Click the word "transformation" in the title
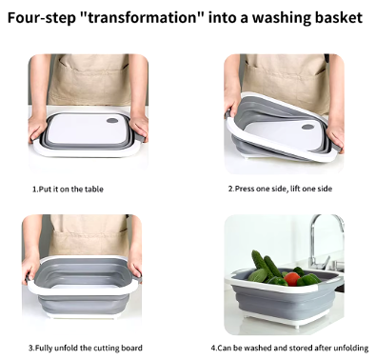pyautogui.click(x=143, y=17)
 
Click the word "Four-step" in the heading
pyautogui.click(x=42, y=18)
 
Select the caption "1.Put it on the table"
pyautogui.click(x=68, y=190)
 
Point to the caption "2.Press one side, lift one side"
pyautogui.click(x=280, y=189)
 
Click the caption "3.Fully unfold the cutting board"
pyautogui.click(x=86, y=348)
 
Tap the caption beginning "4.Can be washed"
pyautogui.click(x=289, y=348)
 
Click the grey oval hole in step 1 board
pyautogui.click(x=112, y=121)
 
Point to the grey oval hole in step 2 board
pyautogui.click(x=307, y=127)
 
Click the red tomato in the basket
pyautogui.click(x=292, y=279)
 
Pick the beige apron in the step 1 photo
pyautogui.click(x=89, y=79)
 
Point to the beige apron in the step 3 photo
pyautogui.click(x=89, y=235)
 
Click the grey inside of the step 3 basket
pyautogui.click(x=85, y=271)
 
